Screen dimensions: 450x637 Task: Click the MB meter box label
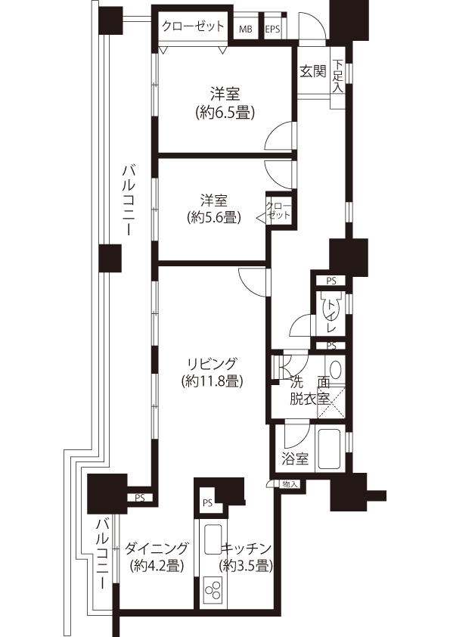pyautogui.click(x=245, y=30)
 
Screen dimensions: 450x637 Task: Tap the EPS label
pyautogui.click(x=272, y=30)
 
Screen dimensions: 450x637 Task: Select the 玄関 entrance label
pyautogui.click(x=313, y=72)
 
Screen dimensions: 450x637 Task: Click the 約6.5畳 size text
pyautogui.click(x=225, y=112)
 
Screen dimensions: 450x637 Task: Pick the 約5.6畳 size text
pyautogui.click(x=214, y=218)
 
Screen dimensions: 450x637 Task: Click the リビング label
pyautogui.click(x=212, y=363)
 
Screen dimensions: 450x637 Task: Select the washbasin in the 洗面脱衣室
pyautogui.click(x=336, y=369)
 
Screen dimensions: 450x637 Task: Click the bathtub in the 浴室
pyautogui.click(x=331, y=449)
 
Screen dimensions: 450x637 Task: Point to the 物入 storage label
pyautogui.click(x=290, y=484)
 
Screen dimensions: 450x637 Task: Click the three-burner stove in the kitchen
pyautogui.click(x=213, y=592)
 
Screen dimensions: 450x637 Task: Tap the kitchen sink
pyautogui.click(x=213, y=539)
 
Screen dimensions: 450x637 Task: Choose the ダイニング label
pyautogui.click(x=157, y=548)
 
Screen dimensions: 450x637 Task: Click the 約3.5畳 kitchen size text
pyautogui.click(x=245, y=566)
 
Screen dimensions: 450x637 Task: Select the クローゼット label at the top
pyautogui.click(x=193, y=26)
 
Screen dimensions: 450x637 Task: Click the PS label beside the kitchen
pyautogui.click(x=207, y=503)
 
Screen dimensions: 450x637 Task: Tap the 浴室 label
pyautogui.click(x=295, y=459)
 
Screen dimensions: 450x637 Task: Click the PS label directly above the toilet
pyautogui.click(x=331, y=281)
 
